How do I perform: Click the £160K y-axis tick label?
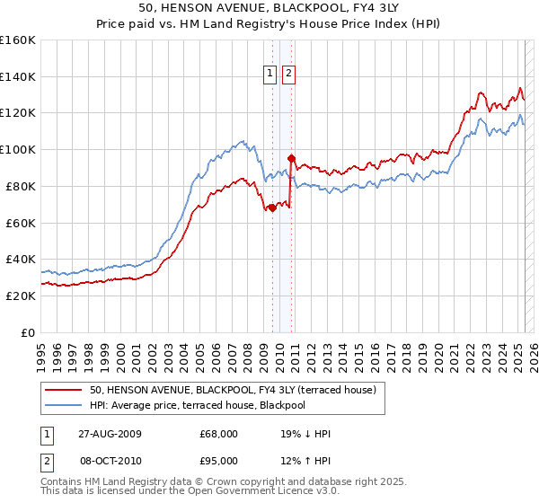18,40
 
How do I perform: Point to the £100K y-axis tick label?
18,149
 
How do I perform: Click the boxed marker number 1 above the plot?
270,75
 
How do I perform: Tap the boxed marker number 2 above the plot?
288,75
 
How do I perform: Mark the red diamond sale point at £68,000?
273,207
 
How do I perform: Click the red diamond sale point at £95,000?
291,158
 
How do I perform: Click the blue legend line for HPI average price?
63,405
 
